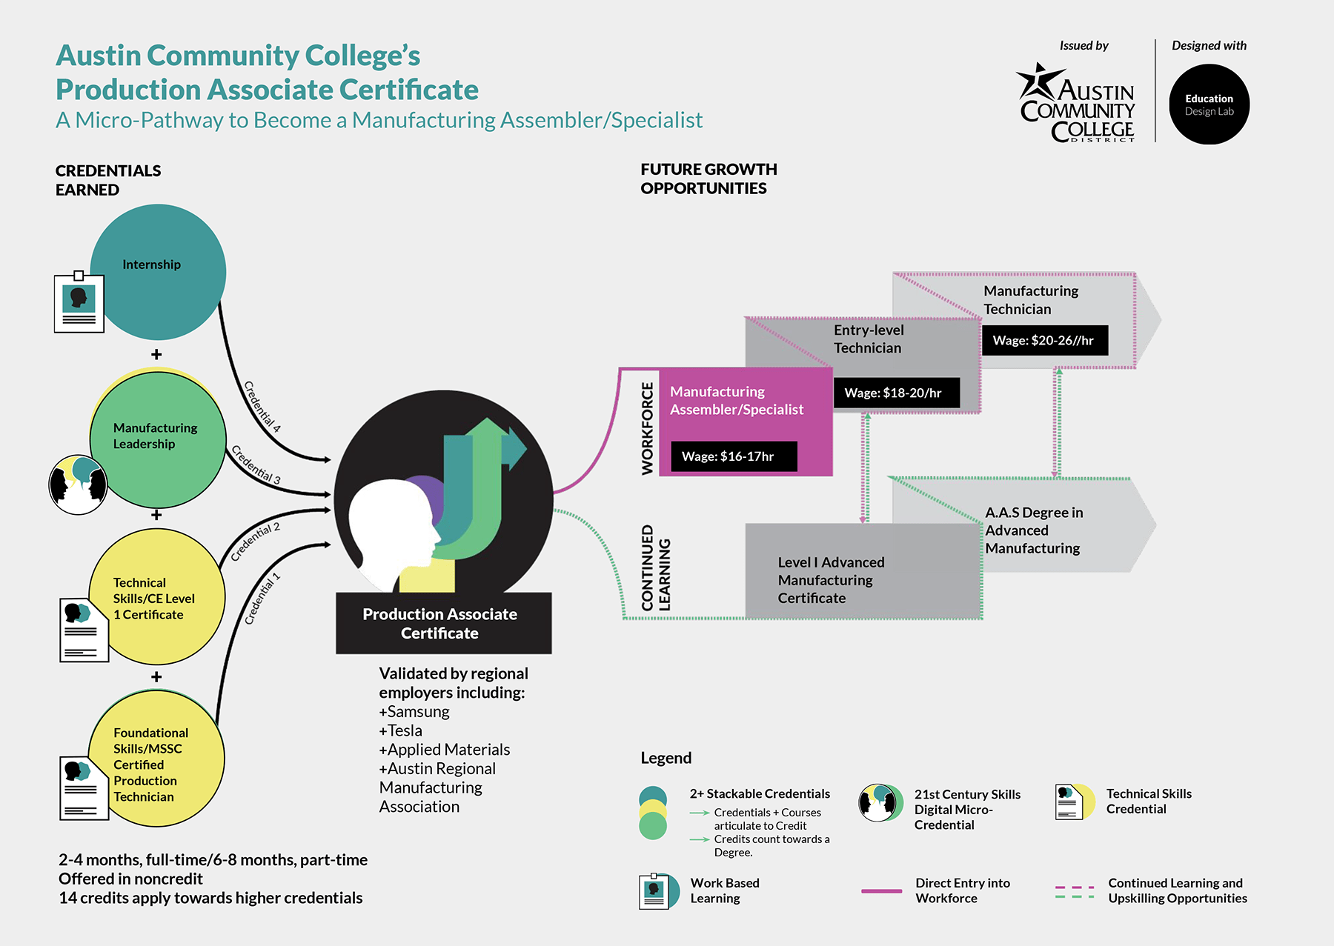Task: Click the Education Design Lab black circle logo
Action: point(1209,104)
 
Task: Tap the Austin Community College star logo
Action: point(1038,81)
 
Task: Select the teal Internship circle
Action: point(159,271)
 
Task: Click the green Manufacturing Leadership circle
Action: point(157,439)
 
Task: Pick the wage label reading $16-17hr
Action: point(734,456)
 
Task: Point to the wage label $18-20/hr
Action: point(897,393)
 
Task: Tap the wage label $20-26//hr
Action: point(1044,340)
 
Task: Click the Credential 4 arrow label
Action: point(262,406)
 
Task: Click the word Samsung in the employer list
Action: point(418,712)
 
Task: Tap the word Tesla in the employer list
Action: point(405,731)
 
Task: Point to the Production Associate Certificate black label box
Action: point(443,623)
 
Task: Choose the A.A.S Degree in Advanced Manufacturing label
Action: point(1033,530)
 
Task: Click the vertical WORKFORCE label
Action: point(648,428)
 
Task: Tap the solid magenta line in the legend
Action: point(881,890)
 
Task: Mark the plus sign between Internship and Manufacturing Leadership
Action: point(156,354)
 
